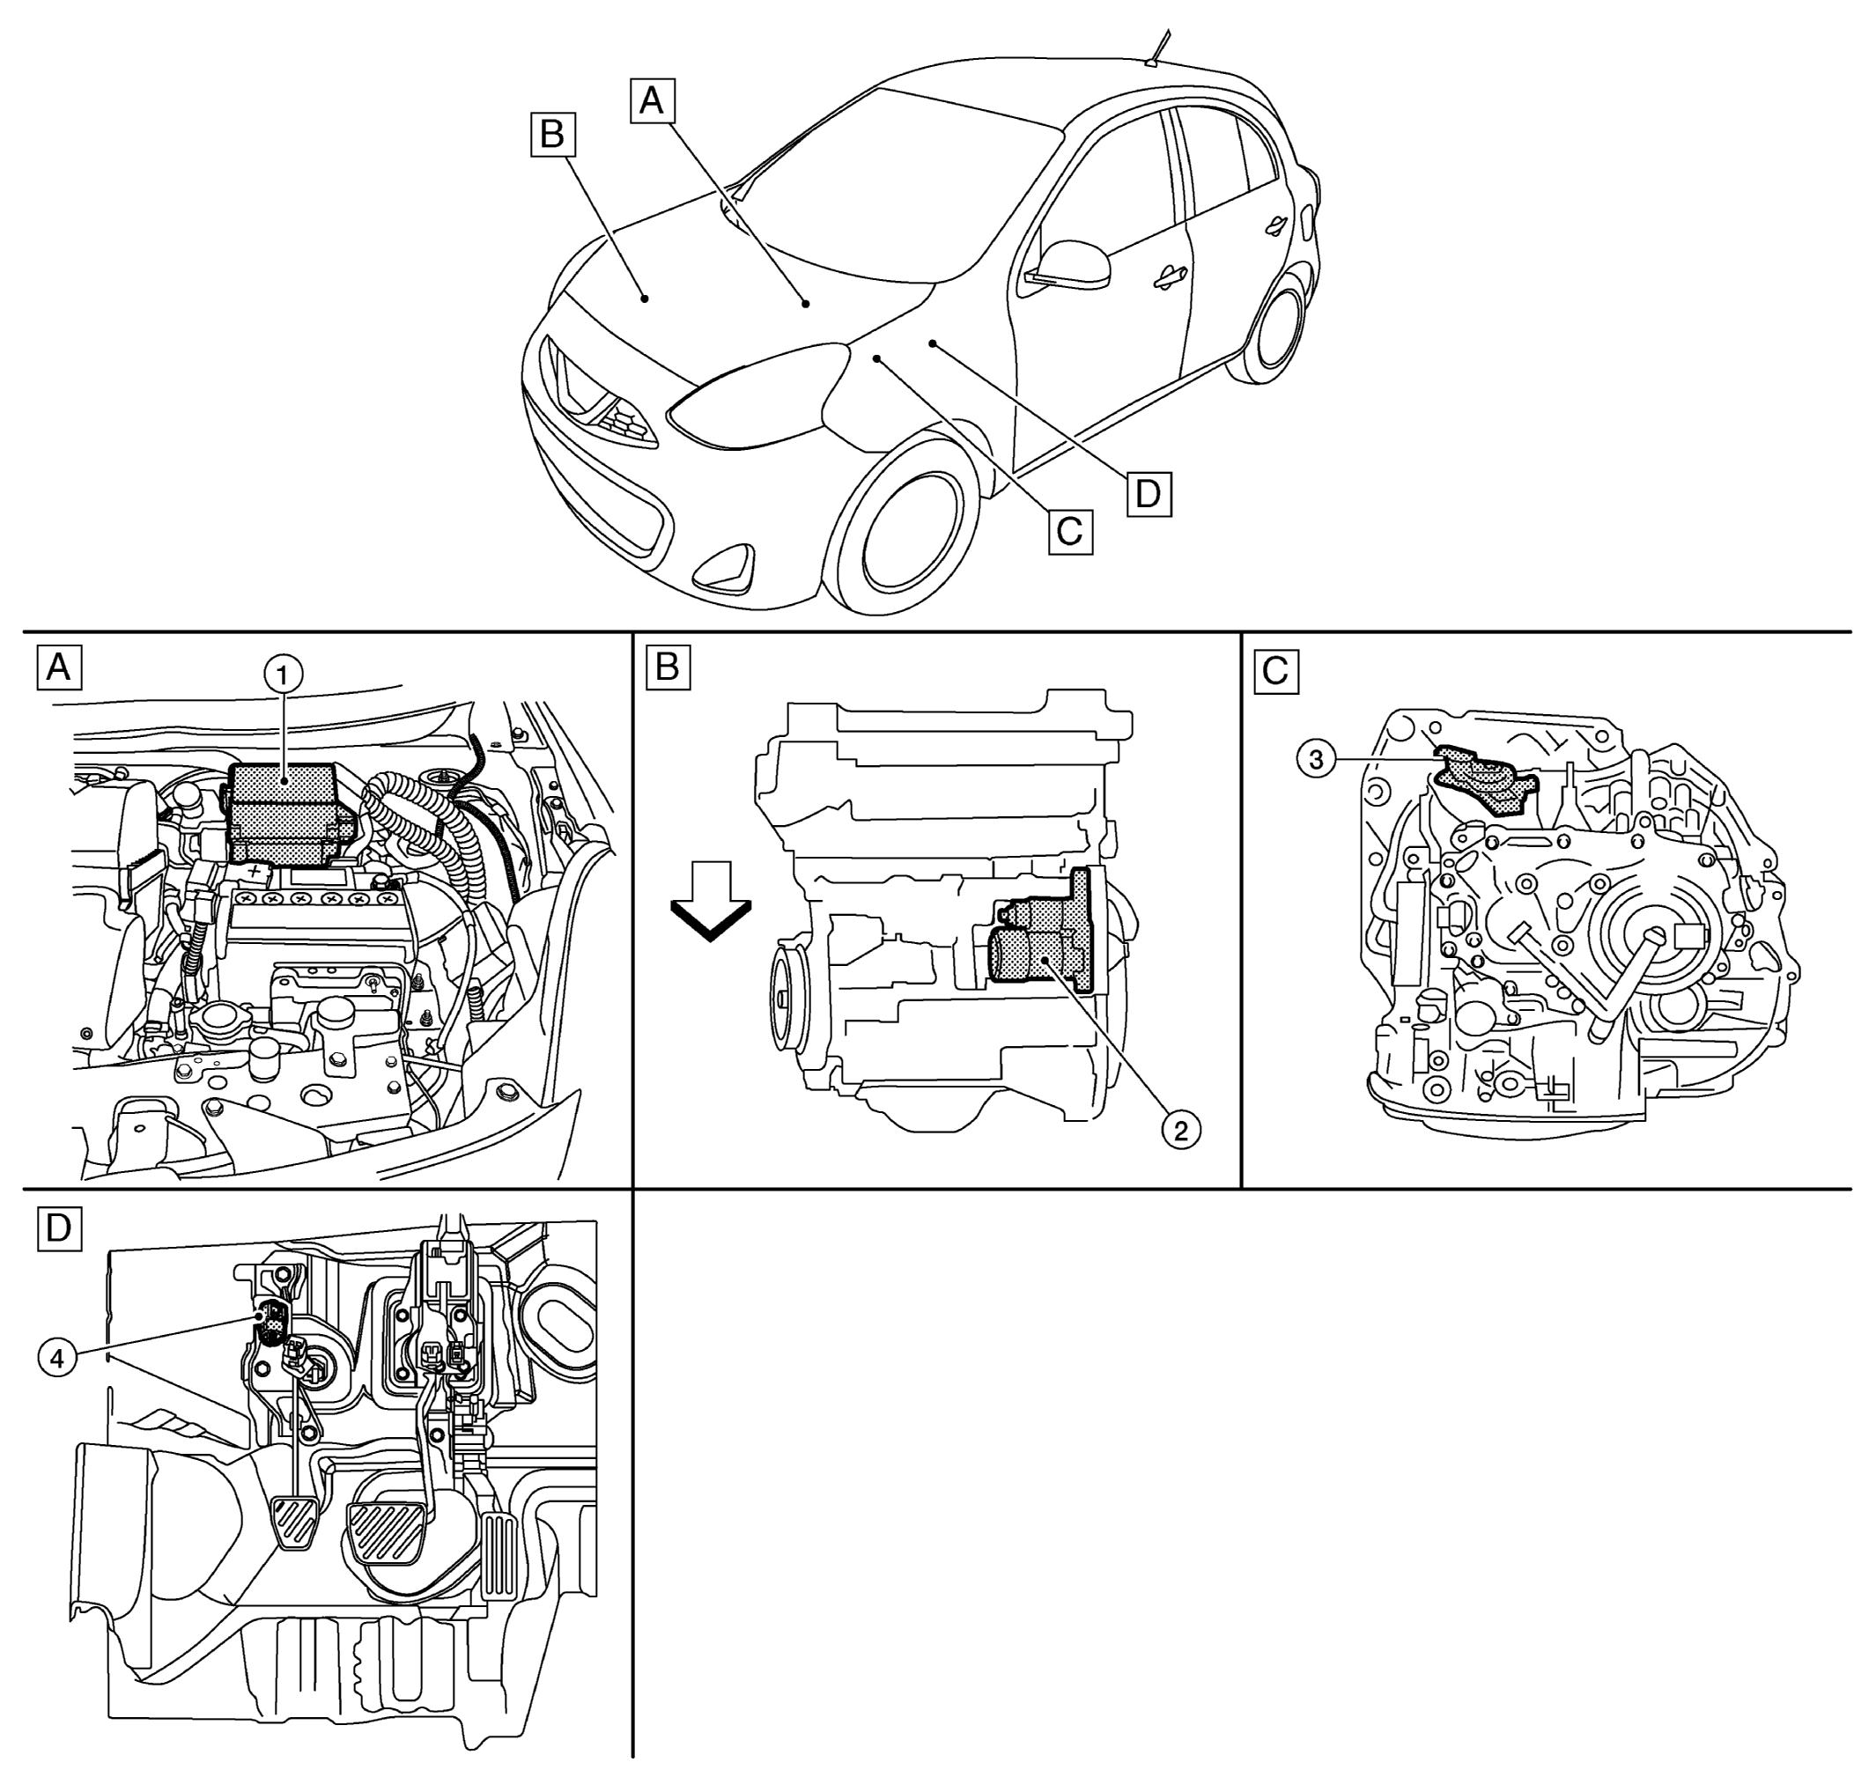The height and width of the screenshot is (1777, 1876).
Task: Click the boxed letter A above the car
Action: coord(652,100)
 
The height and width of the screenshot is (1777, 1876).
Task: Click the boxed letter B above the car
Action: coord(551,135)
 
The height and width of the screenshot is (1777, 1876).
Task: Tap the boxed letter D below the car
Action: coord(1148,493)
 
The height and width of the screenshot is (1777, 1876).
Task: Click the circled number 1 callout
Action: coord(284,675)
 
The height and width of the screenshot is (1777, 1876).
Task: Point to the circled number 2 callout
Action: coord(1181,1130)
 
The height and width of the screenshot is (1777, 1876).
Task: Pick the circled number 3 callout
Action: coord(1316,759)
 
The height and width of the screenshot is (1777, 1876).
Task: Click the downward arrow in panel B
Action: coord(711,902)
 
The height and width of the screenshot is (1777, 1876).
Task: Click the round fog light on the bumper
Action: coord(723,571)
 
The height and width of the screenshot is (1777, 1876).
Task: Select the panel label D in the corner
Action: coord(59,1228)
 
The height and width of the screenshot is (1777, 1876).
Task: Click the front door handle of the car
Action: coord(1171,276)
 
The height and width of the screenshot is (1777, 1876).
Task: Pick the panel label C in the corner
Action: coord(1275,672)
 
